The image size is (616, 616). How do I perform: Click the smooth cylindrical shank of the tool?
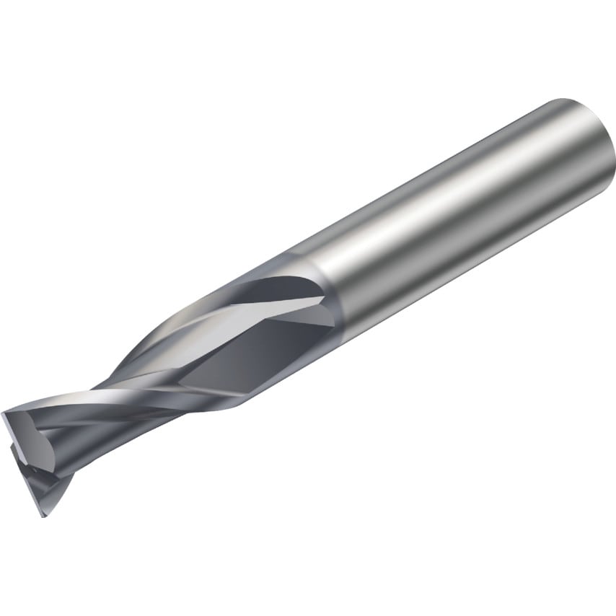point(462,209)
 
